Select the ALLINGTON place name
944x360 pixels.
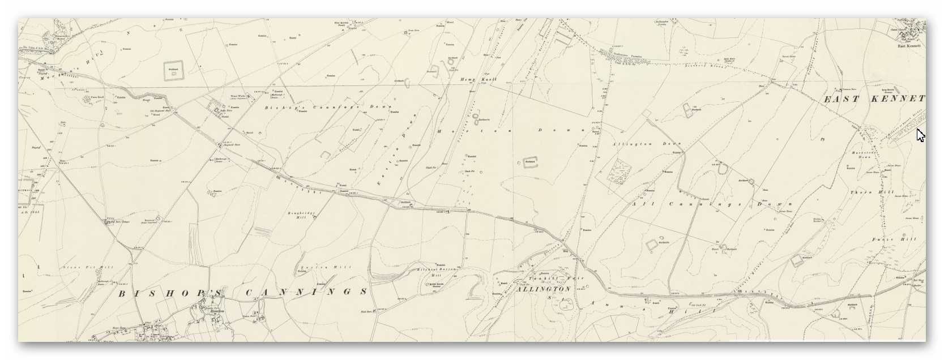coord(543,289)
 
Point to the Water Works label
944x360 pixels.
coord(236,96)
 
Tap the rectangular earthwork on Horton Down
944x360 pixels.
coord(529,162)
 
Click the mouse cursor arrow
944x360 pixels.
coord(920,135)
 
